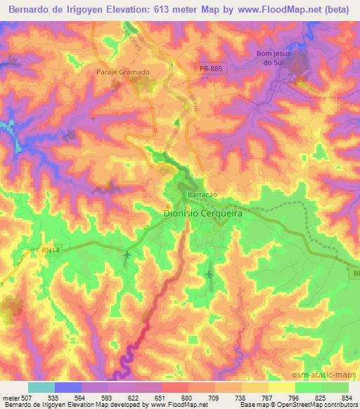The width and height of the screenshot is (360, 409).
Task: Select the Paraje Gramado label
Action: (123, 72)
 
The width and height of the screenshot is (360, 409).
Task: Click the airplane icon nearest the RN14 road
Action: (127, 254)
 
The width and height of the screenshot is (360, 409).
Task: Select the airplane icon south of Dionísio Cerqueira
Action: (209, 273)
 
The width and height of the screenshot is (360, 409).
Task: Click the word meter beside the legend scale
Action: (10, 397)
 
